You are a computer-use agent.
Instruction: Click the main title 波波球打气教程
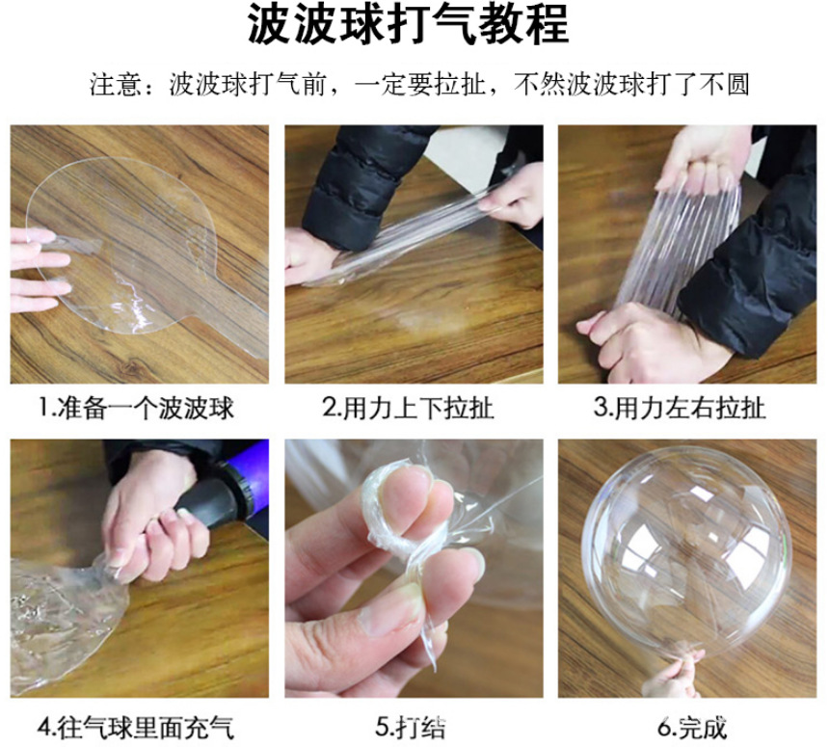pos(409,29)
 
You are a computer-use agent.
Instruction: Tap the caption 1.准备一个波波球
pos(136,408)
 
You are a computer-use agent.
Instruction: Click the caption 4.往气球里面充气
pos(136,725)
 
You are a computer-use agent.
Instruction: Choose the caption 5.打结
pos(408,725)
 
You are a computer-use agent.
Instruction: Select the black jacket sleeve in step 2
pos(357,183)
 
